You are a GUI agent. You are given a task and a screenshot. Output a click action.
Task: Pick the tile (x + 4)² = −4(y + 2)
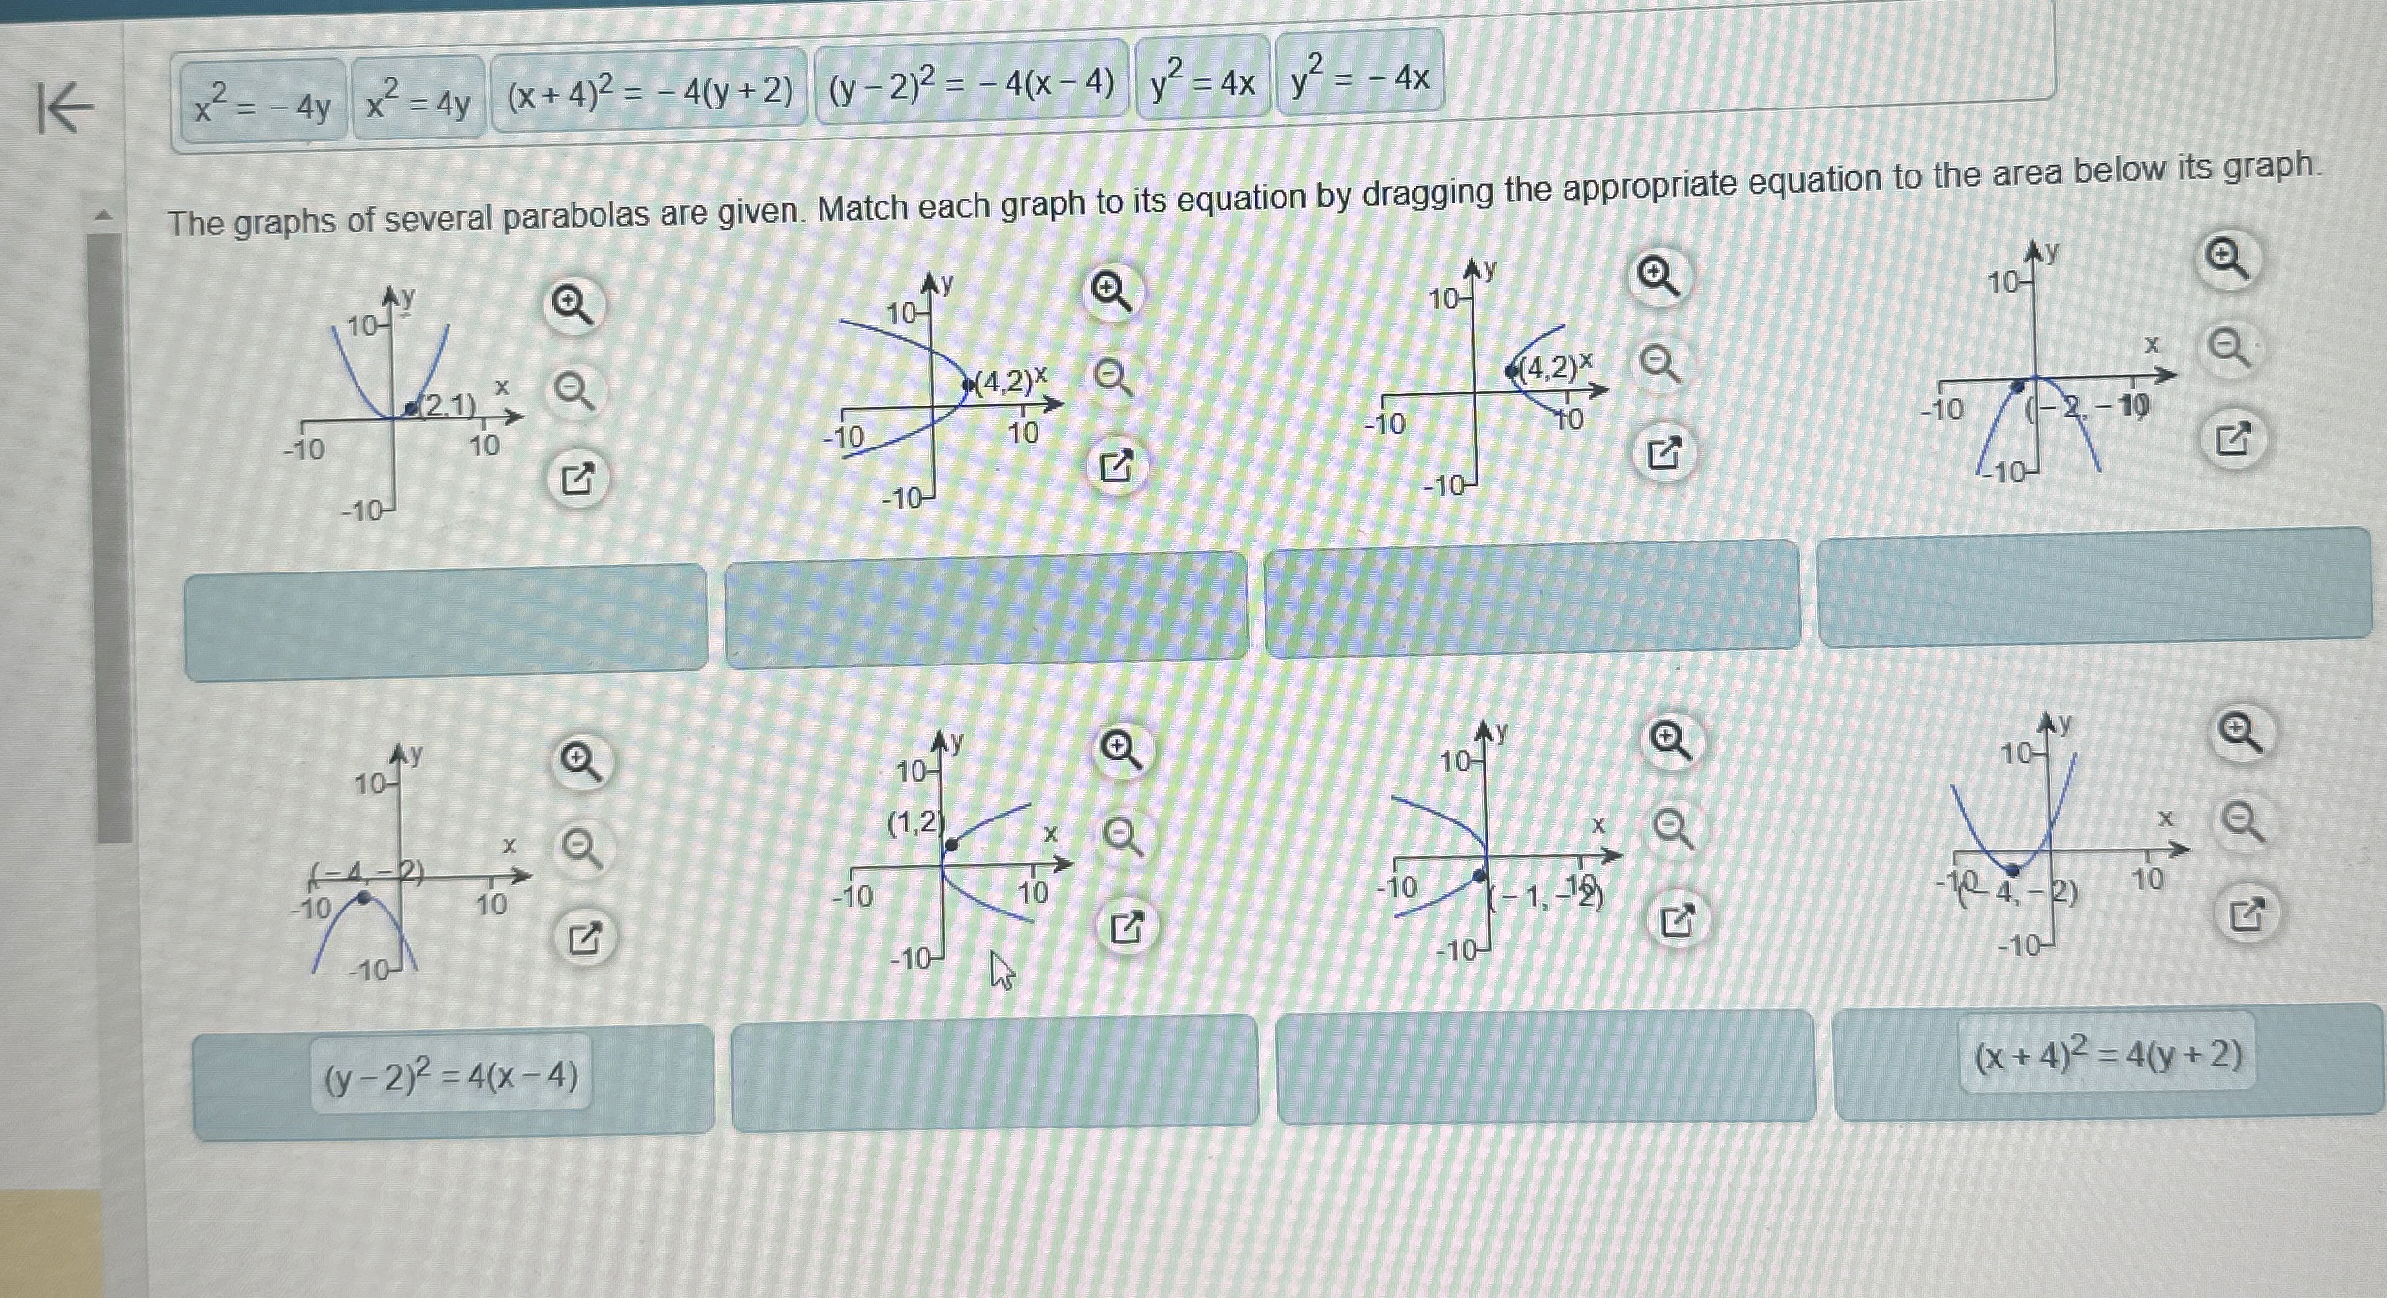click(x=649, y=91)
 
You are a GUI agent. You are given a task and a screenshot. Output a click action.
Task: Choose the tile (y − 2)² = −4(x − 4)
click(x=972, y=83)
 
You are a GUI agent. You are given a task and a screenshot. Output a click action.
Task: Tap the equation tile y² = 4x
click(x=1202, y=80)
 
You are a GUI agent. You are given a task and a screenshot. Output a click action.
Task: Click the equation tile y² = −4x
click(x=1360, y=77)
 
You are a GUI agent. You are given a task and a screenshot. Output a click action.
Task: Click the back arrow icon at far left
click(x=65, y=108)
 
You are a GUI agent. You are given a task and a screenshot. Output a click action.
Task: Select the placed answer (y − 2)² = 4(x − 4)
click(x=451, y=1075)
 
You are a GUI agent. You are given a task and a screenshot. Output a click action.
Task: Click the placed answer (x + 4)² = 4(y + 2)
click(x=2108, y=1055)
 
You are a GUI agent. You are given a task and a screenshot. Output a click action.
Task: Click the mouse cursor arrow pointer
click(x=1002, y=970)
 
